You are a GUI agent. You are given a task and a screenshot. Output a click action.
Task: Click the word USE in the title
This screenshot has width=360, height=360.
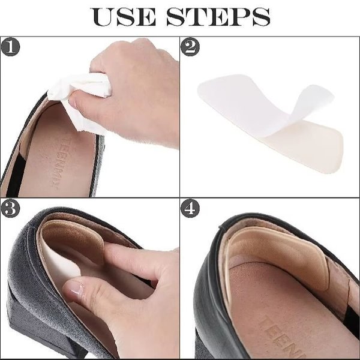click(x=124, y=17)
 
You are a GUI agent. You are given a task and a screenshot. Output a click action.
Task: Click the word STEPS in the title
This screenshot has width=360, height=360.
click(x=218, y=17)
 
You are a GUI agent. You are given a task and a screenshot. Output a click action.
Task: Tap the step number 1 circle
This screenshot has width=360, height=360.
click(x=10, y=47)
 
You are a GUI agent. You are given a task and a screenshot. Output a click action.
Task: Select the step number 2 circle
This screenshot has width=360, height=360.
click(x=190, y=47)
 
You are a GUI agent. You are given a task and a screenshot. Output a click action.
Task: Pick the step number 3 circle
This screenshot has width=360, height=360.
click(x=10, y=208)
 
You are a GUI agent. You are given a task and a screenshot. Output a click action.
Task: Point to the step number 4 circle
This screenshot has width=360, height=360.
click(x=190, y=208)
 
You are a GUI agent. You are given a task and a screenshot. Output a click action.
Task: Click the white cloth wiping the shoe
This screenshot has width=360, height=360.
click(x=78, y=97)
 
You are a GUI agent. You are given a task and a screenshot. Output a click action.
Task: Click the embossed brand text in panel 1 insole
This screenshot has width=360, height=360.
click(x=57, y=161)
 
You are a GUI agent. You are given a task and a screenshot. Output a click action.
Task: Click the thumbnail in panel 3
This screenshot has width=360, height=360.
click(x=74, y=288)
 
